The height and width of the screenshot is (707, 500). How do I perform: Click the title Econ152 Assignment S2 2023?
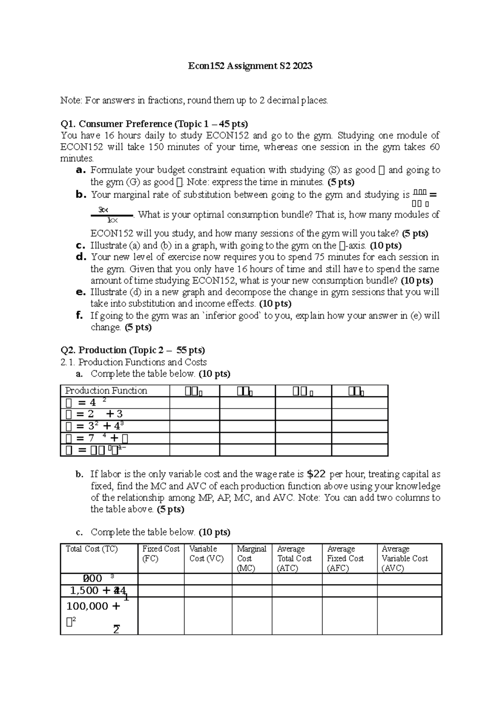pyautogui.click(x=250, y=66)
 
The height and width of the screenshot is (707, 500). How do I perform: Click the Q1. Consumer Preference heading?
pyautogui.click(x=154, y=124)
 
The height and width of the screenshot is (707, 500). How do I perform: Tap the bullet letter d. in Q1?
pyautogui.click(x=81, y=257)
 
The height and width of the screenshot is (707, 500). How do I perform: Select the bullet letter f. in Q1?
pyautogui.click(x=80, y=315)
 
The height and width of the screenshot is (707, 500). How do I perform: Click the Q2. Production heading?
pyautogui.click(x=132, y=350)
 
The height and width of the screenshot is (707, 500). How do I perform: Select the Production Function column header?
pyautogui.click(x=106, y=391)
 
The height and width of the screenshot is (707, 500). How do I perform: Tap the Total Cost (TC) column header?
pyautogui.click(x=92, y=549)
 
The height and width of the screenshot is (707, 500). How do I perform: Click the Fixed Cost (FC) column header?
pyautogui.click(x=161, y=554)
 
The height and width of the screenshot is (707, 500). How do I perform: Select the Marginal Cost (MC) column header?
pyautogui.click(x=251, y=558)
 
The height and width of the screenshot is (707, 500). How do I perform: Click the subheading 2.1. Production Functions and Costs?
pyautogui.click(x=134, y=362)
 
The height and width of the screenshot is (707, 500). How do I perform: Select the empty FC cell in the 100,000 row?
pyautogui.click(x=161, y=615)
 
